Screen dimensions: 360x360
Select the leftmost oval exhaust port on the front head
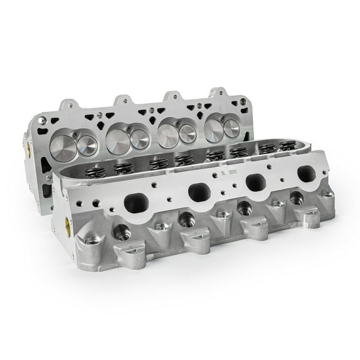coord(137,203)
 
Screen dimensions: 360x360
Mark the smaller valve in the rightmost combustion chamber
coord(232,128)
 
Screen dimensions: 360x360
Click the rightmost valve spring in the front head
coord(287,147)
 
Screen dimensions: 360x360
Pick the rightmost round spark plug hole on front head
coord(296,198)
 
